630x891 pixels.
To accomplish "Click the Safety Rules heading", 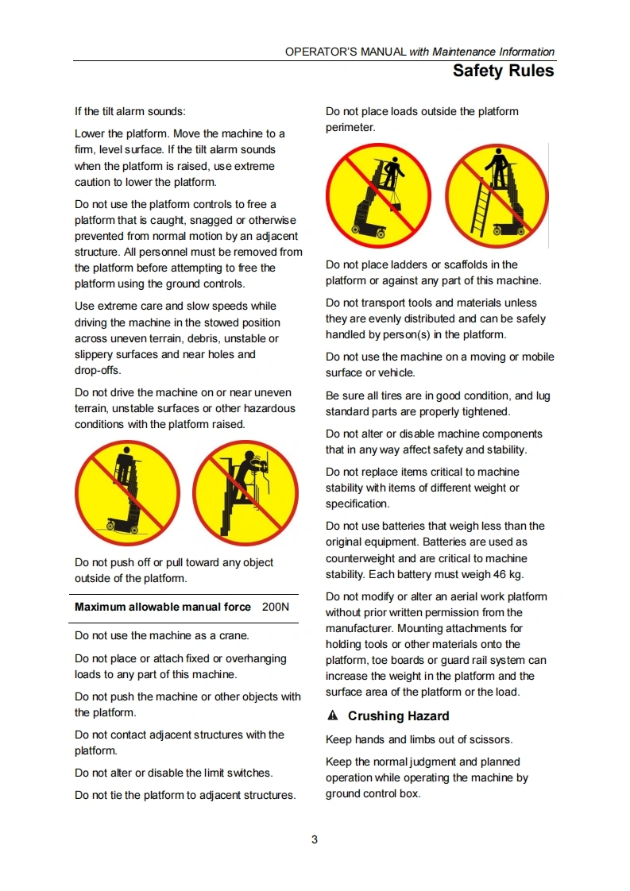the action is pyautogui.click(x=503, y=71).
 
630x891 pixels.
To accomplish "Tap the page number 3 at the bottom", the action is pyautogui.click(x=315, y=839).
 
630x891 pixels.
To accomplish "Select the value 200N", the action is pyautogui.click(x=276, y=607).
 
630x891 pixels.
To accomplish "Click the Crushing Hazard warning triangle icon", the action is pyautogui.click(x=333, y=715).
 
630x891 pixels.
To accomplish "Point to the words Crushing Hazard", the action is pyautogui.click(x=399, y=716).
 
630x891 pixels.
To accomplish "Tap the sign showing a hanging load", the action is pyautogui.click(x=378, y=195).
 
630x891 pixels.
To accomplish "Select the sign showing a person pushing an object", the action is pyautogui.click(x=245, y=492).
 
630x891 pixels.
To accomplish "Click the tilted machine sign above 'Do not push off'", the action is pyautogui.click(x=127, y=492).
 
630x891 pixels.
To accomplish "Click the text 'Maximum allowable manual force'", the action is pyautogui.click(x=163, y=607).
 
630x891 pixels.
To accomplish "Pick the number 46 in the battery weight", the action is pyautogui.click(x=499, y=574).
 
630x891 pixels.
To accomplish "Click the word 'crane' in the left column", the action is pyautogui.click(x=233, y=636).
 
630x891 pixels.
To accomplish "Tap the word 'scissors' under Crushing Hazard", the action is pyautogui.click(x=491, y=740).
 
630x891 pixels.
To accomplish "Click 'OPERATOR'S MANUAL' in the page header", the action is pyautogui.click(x=346, y=52).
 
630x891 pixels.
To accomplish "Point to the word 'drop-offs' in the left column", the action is pyautogui.click(x=97, y=371).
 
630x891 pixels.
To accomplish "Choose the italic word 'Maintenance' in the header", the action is pyautogui.click(x=464, y=52).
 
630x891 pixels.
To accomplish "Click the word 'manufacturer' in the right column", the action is pyautogui.click(x=358, y=628).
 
